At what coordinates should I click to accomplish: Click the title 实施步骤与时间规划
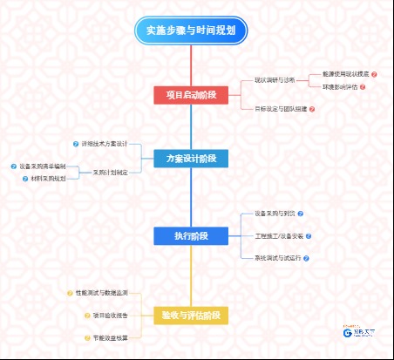point(192,31)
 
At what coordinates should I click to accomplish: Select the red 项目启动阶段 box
point(191,95)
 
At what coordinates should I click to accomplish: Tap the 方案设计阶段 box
point(191,159)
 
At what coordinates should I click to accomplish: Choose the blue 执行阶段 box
point(191,236)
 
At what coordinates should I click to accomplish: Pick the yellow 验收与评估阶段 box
point(191,315)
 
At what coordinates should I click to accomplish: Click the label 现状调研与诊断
point(274,79)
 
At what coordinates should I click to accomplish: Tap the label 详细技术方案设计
point(105,143)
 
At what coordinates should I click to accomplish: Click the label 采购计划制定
point(110,173)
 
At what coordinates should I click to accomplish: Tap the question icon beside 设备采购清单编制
point(13,166)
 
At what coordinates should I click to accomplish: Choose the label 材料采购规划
point(48,179)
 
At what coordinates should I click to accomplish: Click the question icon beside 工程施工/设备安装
point(309,235)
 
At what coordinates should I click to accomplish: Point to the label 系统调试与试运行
point(277,259)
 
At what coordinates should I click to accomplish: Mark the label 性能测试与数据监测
point(102,292)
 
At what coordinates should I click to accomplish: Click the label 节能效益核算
point(111,337)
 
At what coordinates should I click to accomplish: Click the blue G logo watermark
point(348,332)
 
